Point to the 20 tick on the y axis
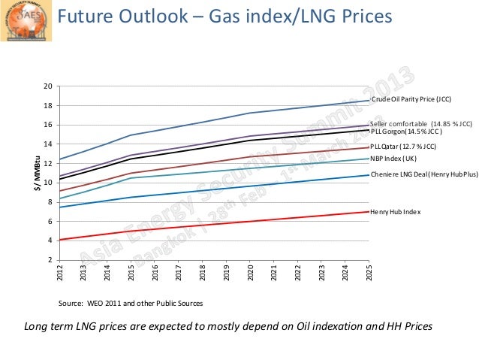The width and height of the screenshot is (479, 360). click(x=47, y=86)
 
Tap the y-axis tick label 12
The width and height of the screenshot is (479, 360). click(x=47, y=163)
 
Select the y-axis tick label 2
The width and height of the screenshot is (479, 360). click(x=49, y=260)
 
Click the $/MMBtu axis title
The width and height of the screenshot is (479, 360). click(x=35, y=173)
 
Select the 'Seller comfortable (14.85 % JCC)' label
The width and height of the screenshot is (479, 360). click(x=421, y=123)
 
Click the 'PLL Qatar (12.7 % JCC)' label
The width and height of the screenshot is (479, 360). click(x=404, y=147)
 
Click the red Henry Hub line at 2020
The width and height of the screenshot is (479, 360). click(x=251, y=220)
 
